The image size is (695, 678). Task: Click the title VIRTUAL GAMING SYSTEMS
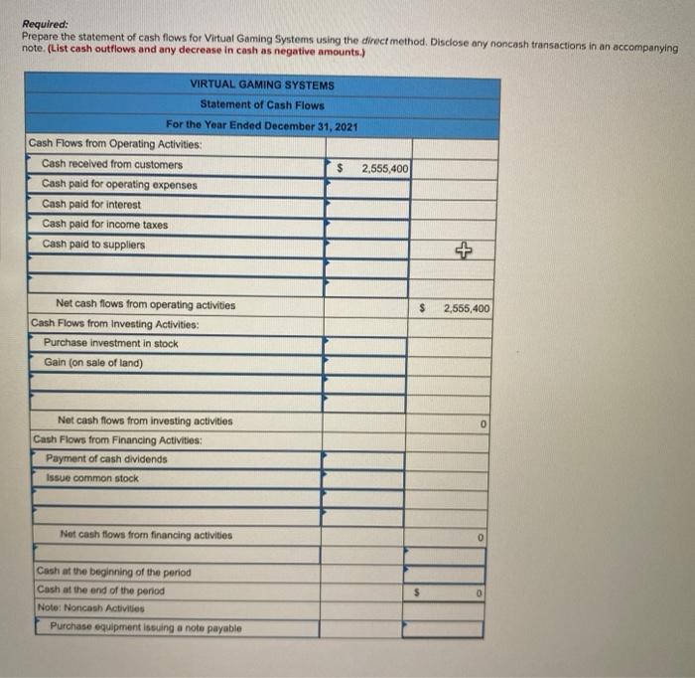262,85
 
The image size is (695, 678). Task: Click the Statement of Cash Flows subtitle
262,105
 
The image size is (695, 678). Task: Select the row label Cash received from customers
112,164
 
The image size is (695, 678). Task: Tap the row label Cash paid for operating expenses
119,184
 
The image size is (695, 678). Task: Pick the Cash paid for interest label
91,205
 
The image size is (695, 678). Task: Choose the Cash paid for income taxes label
105,225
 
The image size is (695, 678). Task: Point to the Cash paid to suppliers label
93,245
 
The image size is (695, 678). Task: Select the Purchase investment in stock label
111,343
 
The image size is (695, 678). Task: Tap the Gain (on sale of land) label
93,363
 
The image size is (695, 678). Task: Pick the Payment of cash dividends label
106,459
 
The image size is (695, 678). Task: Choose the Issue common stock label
92,479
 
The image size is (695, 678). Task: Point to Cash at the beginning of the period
113,573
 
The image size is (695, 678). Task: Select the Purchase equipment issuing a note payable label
145,627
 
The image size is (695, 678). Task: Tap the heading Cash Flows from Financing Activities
117,439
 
